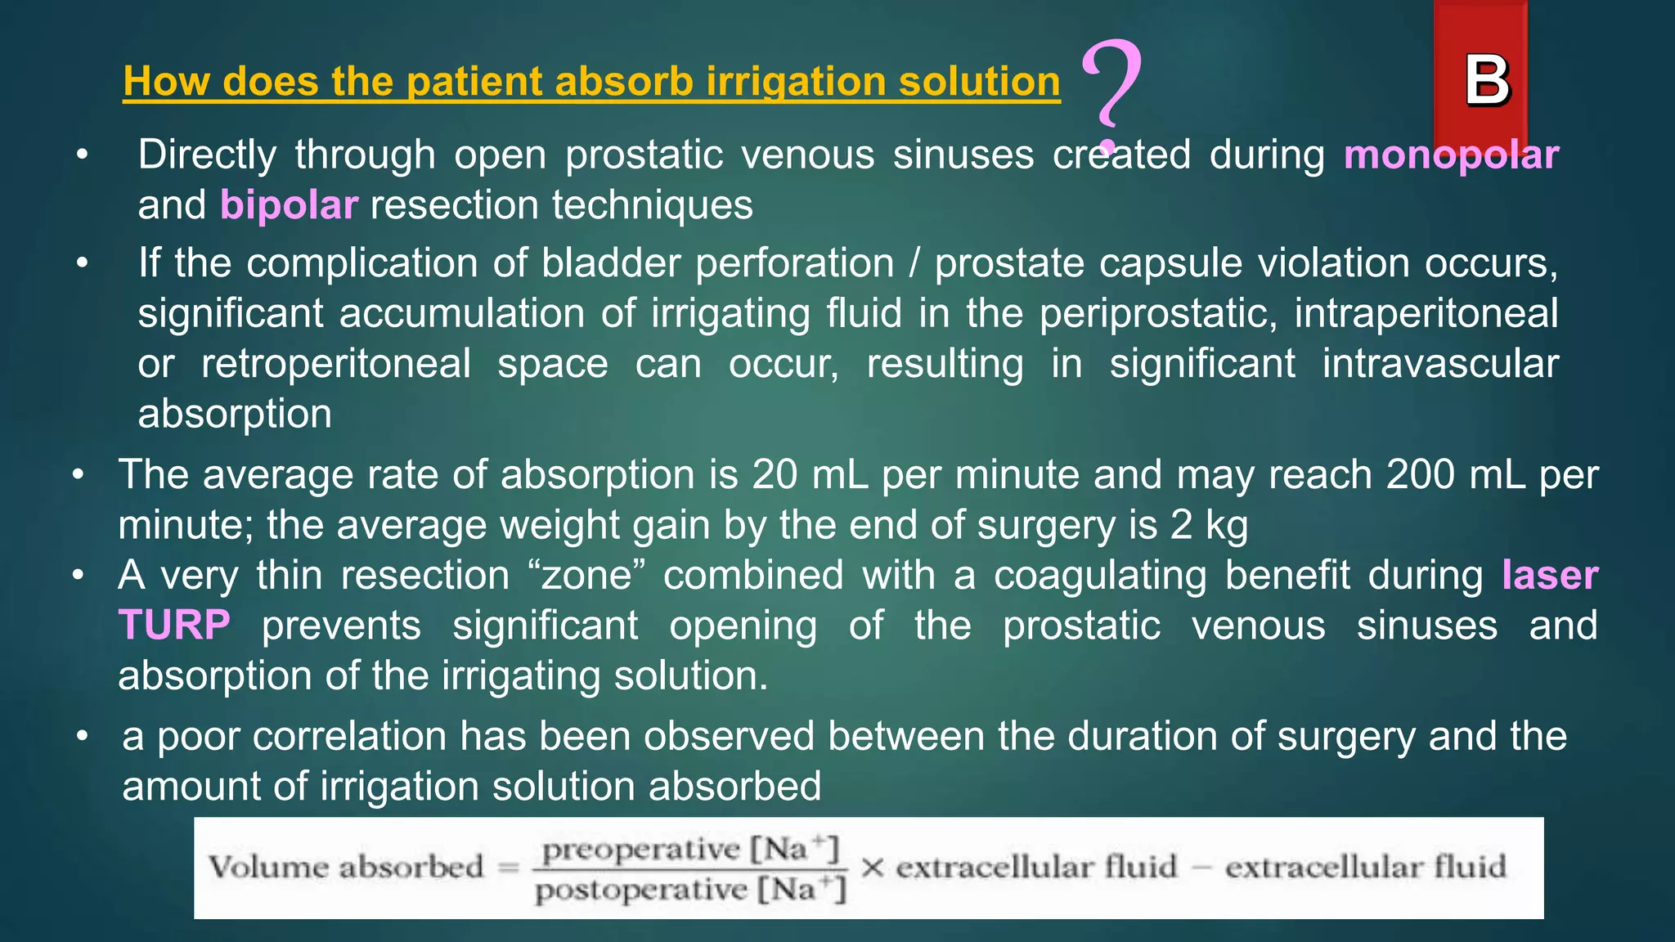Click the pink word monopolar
(1451, 155)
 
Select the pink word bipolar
(289, 205)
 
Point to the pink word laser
(1550, 575)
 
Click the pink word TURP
(174, 626)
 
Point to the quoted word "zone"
(586, 575)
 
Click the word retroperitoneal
(335, 364)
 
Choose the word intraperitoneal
(1426, 314)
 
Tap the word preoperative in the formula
(640, 850)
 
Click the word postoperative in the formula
(640, 889)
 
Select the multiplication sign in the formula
(871, 868)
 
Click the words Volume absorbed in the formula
(346, 868)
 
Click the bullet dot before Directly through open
(82, 155)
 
